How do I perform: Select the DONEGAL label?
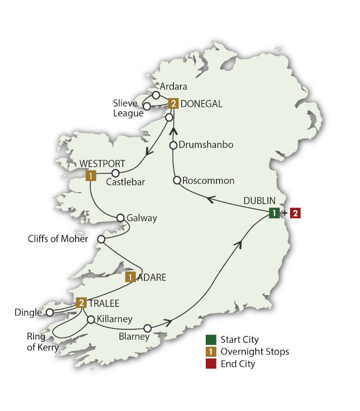coord(201,104)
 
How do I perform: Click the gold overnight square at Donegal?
coord(174,104)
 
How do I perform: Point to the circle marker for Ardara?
coord(156,95)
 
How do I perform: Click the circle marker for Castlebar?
coord(116,173)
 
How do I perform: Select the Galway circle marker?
coord(121,217)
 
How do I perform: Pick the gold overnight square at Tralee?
coord(81,303)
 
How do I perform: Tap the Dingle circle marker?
coord(49,312)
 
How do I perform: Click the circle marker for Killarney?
coord(91,320)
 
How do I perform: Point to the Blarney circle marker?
coord(148,328)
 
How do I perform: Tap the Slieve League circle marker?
coord(147,106)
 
